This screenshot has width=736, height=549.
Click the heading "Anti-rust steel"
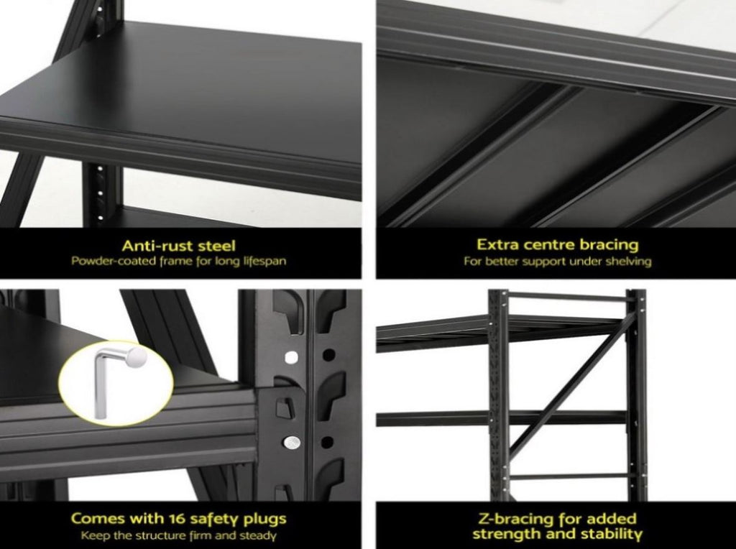click(178, 246)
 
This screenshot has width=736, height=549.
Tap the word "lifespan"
click(264, 261)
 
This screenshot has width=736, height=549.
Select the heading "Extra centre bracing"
click(558, 244)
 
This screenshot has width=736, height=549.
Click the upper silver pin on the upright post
click(292, 358)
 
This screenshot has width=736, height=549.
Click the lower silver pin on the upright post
click(292, 442)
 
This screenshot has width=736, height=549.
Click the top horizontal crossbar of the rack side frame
click(567, 297)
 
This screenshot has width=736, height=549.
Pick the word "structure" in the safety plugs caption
click(159, 535)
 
